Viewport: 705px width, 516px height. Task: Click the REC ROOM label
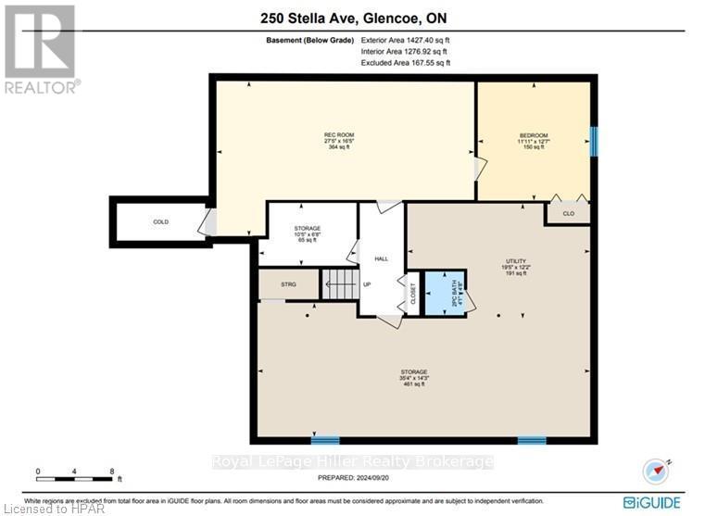338,135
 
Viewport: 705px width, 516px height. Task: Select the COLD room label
161,222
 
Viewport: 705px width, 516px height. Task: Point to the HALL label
381,259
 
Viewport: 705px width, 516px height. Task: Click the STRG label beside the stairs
288,284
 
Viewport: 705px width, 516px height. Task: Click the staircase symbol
339,284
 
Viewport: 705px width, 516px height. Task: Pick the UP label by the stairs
367,284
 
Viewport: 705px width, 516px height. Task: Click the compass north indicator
659,470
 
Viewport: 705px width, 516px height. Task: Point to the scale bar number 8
112,471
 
